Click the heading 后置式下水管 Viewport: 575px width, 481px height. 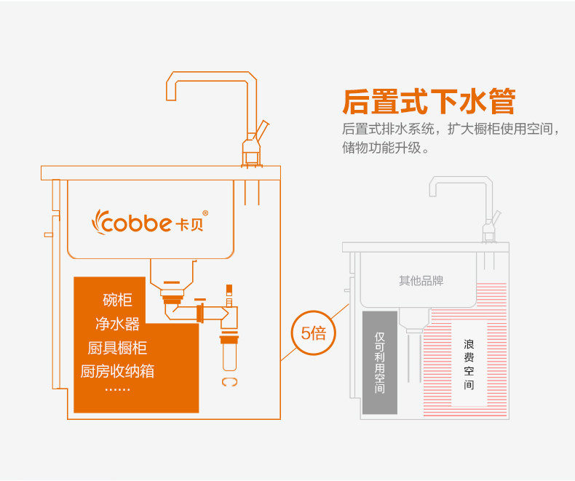(x=429, y=101)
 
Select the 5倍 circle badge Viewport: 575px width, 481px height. (x=313, y=334)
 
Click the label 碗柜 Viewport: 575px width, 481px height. (x=118, y=300)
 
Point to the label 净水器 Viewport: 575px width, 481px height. (x=117, y=323)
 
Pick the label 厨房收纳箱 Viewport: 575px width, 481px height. (x=117, y=371)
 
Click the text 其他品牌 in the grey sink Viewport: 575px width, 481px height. (x=421, y=281)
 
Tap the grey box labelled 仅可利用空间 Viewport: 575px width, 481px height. (x=379, y=363)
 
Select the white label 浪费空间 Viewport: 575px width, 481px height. (x=469, y=363)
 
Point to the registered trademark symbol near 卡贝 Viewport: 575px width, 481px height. (x=205, y=213)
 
